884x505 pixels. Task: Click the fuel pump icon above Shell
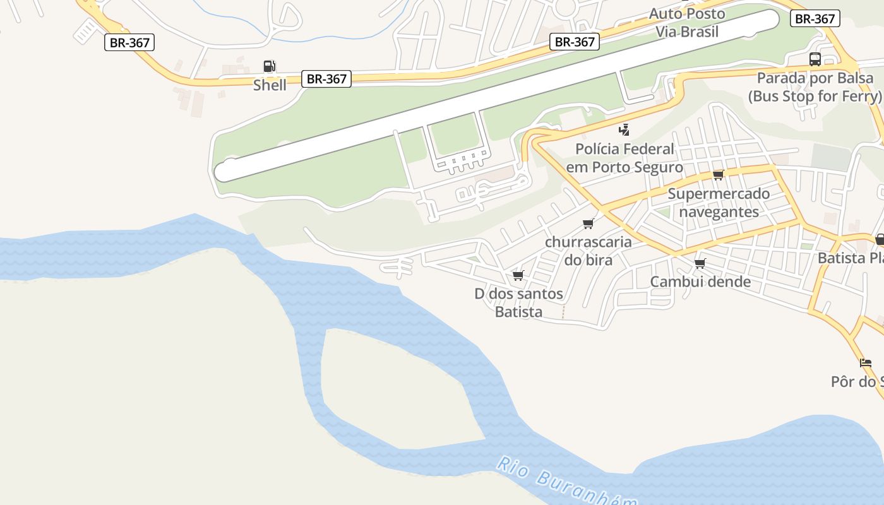[269, 66]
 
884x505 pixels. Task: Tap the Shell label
[270, 85]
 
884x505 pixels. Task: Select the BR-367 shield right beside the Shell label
[326, 79]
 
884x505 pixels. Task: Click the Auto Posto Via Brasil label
[687, 23]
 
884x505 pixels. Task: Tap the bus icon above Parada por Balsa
[815, 59]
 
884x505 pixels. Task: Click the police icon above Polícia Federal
[624, 130]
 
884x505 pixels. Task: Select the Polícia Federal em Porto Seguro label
[624, 158]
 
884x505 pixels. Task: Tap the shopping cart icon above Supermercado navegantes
[718, 175]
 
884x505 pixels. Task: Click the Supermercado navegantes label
[719, 202]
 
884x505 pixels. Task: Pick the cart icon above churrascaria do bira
[588, 223]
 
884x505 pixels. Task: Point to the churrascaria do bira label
[588, 251]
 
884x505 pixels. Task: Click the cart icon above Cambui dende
[700, 263]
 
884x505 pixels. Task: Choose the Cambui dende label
[700, 282]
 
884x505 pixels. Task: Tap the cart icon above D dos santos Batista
[518, 275]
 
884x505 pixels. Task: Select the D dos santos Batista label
[518, 302]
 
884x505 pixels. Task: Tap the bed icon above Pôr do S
[865, 363]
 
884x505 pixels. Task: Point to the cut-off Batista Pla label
[850, 258]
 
